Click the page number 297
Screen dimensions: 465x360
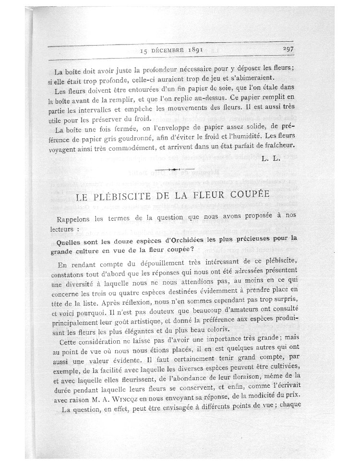291,48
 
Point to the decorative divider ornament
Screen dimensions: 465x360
175,169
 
